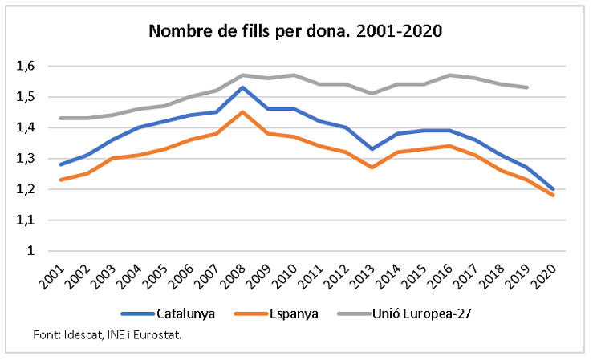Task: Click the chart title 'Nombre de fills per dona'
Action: (x=296, y=32)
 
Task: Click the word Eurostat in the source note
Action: (x=156, y=334)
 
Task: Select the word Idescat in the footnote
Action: (x=78, y=334)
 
